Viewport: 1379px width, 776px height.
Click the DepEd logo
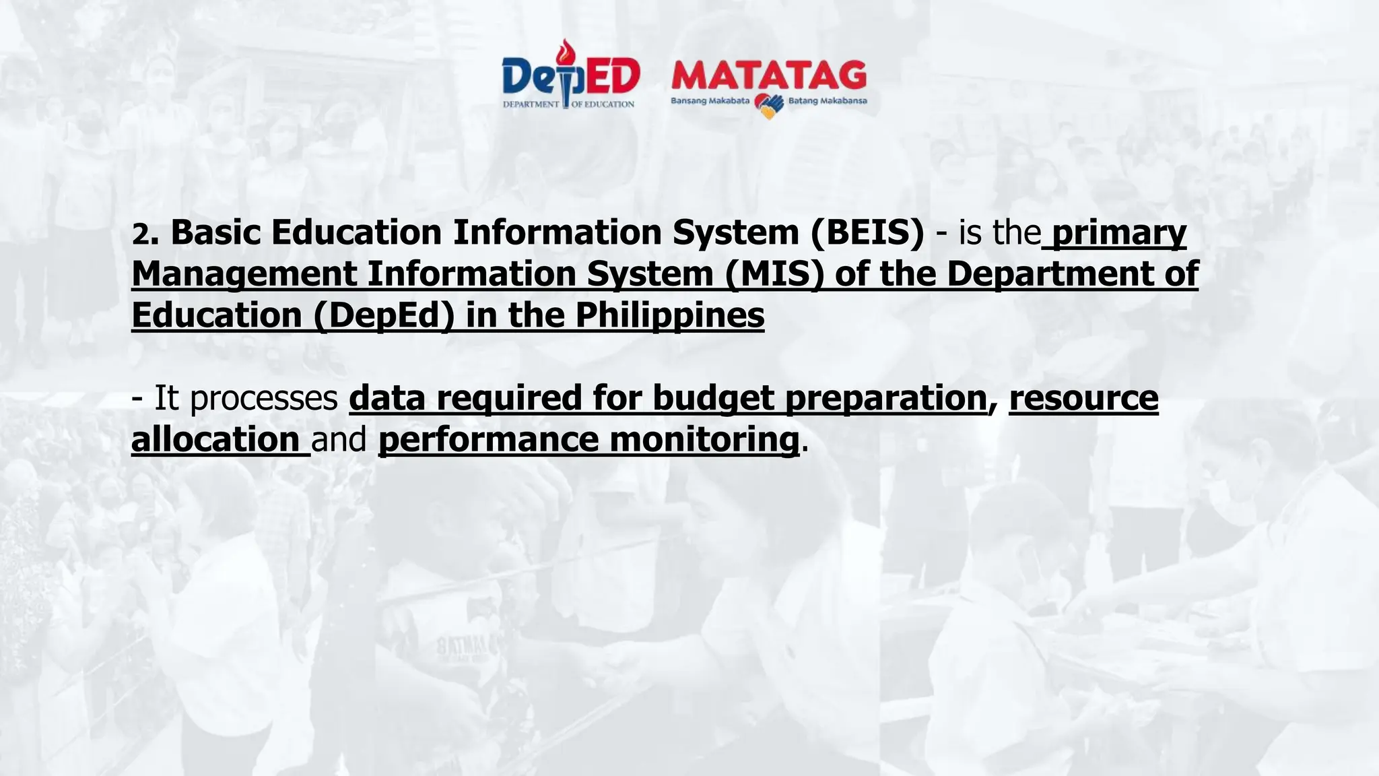(570, 77)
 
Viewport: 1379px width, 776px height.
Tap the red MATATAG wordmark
(768, 75)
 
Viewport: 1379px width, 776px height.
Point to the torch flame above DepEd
(564, 51)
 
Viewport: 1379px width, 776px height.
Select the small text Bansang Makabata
(710, 101)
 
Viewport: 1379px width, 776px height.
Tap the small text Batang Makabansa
(828, 101)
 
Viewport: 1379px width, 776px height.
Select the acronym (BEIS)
(867, 232)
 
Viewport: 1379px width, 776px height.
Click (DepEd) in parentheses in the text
(383, 315)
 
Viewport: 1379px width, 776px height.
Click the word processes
(264, 398)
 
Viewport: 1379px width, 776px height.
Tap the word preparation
(885, 398)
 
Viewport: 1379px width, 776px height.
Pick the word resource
(1083, 397)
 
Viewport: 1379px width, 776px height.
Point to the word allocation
(215, 439)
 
